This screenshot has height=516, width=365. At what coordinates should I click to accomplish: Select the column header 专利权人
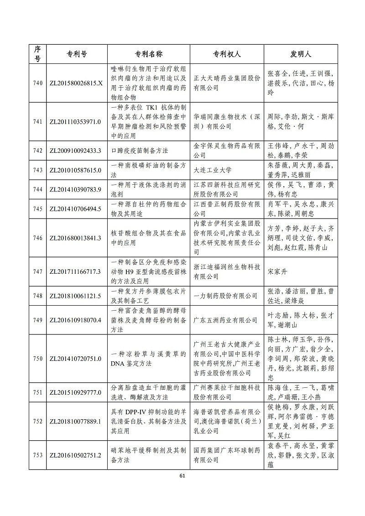point(227,54)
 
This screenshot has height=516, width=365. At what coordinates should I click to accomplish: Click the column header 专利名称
point(149,54)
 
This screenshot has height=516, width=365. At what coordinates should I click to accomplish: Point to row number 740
point(38,83)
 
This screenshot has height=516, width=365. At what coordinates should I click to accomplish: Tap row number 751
point(38,392)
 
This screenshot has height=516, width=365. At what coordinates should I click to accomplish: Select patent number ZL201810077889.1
point(75,421)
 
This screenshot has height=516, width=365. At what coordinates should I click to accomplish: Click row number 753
point(38,455)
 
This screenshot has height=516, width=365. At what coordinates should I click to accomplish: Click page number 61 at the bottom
point(182,476)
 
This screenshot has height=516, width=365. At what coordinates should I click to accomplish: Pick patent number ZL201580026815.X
point(76,83)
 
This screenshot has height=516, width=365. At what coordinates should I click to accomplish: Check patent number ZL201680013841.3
point(75,238)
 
